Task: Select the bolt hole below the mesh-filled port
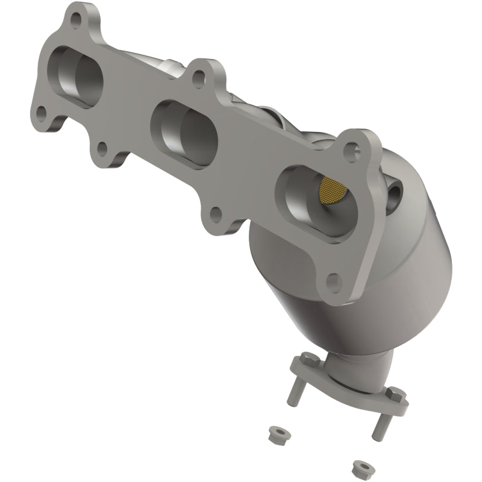[x=331, y=279]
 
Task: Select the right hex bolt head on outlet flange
[x=397, y=394]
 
